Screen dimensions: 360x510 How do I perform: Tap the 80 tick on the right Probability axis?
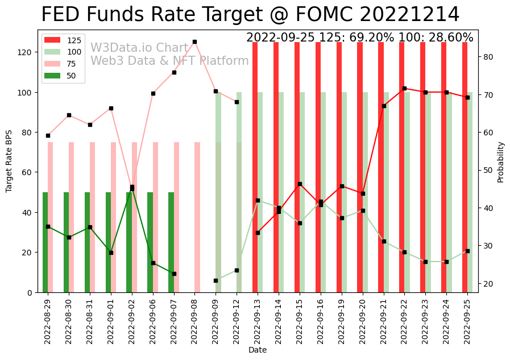tap(489, 57)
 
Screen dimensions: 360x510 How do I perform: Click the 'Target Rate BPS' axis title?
tap(9, 161)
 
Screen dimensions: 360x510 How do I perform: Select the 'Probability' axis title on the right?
tap(501, 162)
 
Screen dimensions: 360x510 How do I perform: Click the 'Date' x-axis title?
tap(258, 350)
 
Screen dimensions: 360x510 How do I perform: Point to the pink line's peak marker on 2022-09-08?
tap(194, 42)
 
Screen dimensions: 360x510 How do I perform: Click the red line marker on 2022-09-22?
tap(404, 88)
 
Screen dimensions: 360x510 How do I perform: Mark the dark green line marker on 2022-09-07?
tap(174, 274)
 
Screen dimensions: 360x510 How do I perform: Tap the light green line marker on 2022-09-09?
tap(215, 280)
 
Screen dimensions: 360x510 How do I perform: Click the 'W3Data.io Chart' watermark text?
tap(139, 48)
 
